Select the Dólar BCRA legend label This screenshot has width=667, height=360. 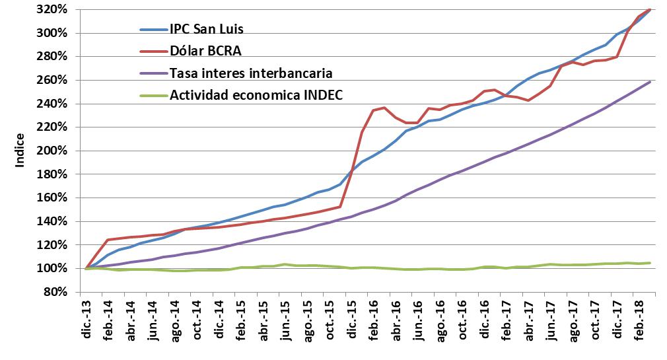(x=201, y=50)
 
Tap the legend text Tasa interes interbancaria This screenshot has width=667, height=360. (x=251, y=72)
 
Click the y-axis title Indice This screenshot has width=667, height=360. (x=20, y=150)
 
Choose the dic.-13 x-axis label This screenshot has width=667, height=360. (x=87, y=320)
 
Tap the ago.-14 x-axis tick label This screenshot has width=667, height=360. (x=175, y=320)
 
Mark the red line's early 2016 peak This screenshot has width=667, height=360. (x=384, y=108)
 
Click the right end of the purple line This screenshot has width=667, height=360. (x=650, y=82)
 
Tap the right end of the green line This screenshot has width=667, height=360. (x=650, y=263)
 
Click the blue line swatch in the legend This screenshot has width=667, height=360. (x=153, y=30)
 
